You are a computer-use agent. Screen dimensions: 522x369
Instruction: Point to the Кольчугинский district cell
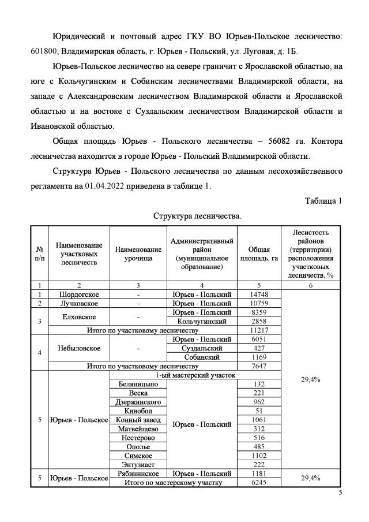202,321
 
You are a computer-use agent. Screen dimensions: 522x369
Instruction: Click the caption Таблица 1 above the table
323,201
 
